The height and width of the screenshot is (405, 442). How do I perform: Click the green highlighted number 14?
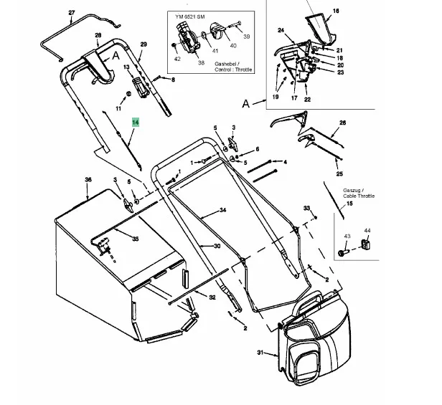pyautogui.click(x=136, y=123)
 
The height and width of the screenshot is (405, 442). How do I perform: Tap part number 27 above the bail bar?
pyautogui.click(x=72, y=13)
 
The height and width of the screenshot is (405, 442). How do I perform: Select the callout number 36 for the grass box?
pyautogui.click(x=88, y=179)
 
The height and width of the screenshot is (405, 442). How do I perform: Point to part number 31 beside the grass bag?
pyautogui.click(x=260, y=353)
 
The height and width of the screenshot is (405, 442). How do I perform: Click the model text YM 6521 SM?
pyautogui.click(x=190, y=16)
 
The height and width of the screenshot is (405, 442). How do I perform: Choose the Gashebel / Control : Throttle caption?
pyautogui.click(x=233, y=67)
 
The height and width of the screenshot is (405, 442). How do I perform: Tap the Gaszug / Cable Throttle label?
pyautogui.click(x=359, y=194)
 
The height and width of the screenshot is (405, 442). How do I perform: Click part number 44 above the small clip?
pyautogui.click(x=367, y=231)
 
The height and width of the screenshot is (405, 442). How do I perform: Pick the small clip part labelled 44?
pyautogui.click(x=365, y=244)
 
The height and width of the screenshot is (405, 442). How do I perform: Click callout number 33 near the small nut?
pyautogui.click(x=306, y=208)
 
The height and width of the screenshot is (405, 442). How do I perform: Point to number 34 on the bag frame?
pyautogui.click(x=223, y=210)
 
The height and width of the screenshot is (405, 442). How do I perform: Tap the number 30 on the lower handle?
pyautogui.click(x=217, y=246)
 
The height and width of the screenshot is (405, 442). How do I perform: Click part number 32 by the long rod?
pyautogui.click(x=212, y=297)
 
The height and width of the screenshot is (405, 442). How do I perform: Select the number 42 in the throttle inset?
pyautogui.click(x=177, y=59)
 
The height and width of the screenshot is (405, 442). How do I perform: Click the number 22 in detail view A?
pyautogui.click(x=307, y=100)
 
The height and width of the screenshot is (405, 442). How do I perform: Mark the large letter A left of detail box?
pyautogui.click(x=246, y=104)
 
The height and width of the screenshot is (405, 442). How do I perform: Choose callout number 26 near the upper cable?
pyautogui.click(x=342, y=123)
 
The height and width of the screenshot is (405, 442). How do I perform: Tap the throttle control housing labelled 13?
pyautogui.click(x=141, y=88)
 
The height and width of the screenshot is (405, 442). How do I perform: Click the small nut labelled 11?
pyautogui.click(x=128, y=94)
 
